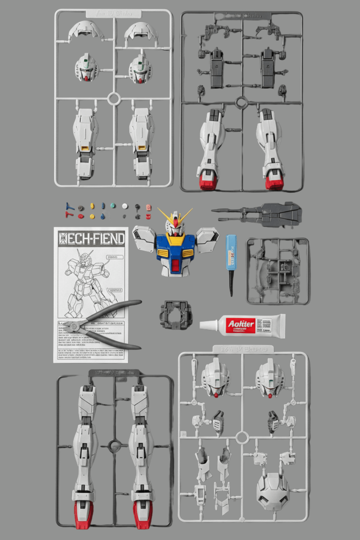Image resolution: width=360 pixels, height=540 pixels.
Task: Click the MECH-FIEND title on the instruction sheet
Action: point(91,238)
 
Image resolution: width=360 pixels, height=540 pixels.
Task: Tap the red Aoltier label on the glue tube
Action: point(241,324)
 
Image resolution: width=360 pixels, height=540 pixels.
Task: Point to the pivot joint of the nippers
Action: point(75,327)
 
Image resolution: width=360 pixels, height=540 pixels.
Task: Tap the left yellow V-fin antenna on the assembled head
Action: point(165,214)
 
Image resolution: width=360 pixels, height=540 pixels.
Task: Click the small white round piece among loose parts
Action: point(125,206)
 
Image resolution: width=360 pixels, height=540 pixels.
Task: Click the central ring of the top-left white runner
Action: point(114,98)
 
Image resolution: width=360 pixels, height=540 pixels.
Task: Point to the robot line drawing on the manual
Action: point(90,281)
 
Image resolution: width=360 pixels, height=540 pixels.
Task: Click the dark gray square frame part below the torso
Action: point(176,315)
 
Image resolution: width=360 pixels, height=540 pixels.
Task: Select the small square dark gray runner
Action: point(278,271)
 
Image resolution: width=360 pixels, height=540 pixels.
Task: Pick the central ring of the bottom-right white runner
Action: point(242,438)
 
